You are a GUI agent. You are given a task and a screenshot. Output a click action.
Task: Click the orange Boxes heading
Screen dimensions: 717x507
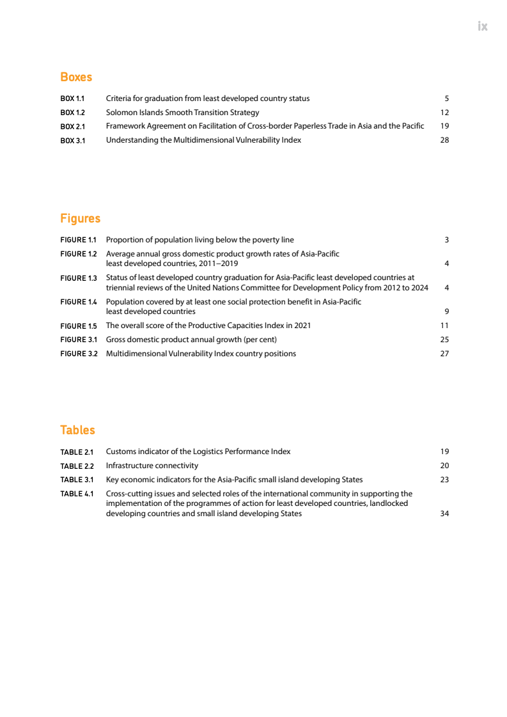(x=76, y=77)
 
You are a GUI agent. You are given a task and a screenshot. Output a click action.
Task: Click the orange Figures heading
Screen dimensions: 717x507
(x=80, y=219)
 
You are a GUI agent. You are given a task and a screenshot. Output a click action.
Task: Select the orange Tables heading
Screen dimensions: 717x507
(x=77, y=430)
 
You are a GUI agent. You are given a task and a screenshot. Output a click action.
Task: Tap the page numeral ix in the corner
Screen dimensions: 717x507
(x=483, y=26)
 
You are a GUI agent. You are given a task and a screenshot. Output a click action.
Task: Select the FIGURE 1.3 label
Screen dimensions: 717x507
(x=78, y=278)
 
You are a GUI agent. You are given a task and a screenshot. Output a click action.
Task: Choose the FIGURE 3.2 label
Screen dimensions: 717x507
(x=79, y=354)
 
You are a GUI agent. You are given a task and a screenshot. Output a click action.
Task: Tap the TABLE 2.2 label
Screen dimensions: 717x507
(x=77, y=466)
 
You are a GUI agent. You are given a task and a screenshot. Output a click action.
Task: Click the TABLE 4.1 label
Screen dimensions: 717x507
(x=77, y=494)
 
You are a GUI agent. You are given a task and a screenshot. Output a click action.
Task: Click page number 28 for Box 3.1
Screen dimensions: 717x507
(x=445, y=140)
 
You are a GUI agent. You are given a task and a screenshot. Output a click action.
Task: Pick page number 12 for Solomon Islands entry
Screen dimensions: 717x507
(x=445, y=113)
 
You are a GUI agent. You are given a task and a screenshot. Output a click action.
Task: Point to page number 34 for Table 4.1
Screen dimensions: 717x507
(x=445, y=514)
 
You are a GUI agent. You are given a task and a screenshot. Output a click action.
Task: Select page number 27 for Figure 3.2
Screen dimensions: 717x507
(x=445, y=354)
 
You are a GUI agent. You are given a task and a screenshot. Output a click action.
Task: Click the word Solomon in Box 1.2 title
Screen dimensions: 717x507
(x=120, y=113)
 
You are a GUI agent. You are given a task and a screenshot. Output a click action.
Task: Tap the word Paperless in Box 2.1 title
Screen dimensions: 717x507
(x=301, y=126)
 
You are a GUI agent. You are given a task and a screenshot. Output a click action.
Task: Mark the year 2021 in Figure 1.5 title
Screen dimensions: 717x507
(x=302, y=326)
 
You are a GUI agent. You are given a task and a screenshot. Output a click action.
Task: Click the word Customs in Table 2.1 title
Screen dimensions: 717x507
(x=120, y=452)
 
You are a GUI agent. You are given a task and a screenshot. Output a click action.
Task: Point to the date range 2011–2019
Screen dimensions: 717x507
(x=218, y=264)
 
